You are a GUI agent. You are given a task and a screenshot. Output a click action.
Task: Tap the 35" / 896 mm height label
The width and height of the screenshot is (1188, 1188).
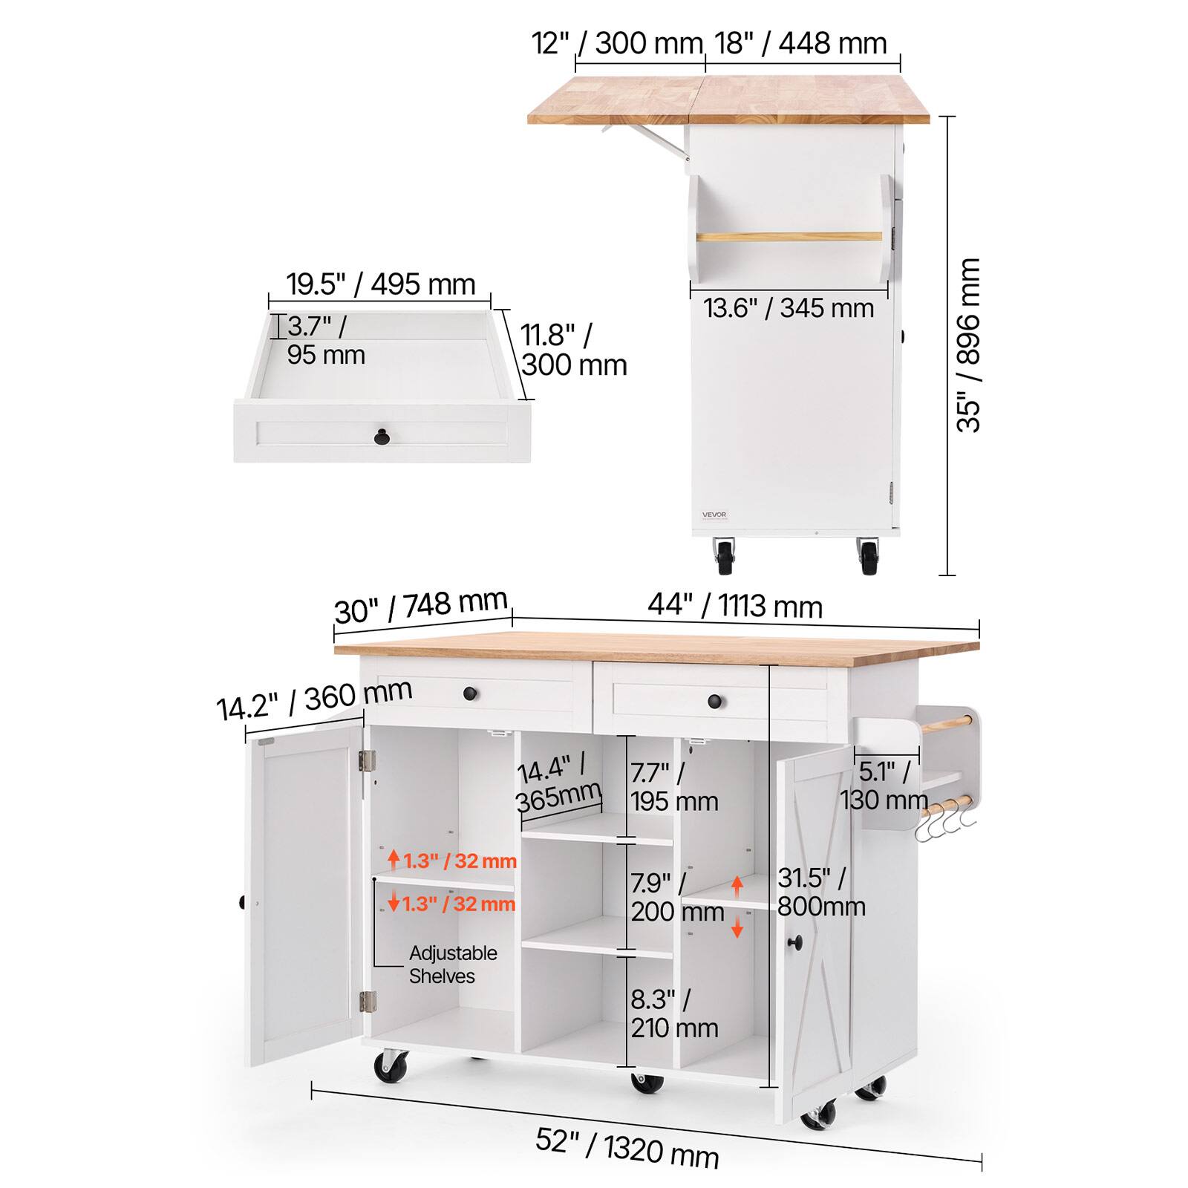pyautogui.click(x=968, y=345)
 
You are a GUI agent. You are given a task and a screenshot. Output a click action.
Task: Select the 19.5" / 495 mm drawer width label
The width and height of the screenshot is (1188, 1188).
pyautogui.click(x=381, y=284)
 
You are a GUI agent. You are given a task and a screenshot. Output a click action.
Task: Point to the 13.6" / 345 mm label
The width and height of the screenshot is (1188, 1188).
pyautogui.click(x=789, y=307)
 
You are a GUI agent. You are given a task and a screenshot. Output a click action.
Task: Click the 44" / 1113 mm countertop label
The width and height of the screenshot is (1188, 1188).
pyautogui.click(x=735, y=606)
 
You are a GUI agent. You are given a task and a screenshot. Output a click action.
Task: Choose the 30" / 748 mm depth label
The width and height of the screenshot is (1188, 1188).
pyautogui.click(x=421, y=607)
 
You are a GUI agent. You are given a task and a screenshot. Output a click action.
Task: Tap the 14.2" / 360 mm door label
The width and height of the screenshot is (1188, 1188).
pyautogui.click(x=314, y=699)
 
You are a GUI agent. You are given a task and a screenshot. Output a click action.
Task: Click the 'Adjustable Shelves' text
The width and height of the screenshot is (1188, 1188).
pyautogui.click(x=453, y=965)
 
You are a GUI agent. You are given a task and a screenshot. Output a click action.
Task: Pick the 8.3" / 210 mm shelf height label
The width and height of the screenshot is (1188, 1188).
pyautogui.click(x=674, y=1014)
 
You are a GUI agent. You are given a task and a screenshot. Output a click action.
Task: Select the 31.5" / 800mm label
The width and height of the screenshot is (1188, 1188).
pyautogui.click(x=821, y=892)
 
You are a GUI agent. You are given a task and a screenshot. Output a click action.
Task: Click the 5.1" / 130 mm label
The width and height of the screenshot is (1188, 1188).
pyautogui.click(x=884, y=786)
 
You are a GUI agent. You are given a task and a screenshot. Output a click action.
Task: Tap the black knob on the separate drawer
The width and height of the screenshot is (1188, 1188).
pyautogui.click(x=382, y=437)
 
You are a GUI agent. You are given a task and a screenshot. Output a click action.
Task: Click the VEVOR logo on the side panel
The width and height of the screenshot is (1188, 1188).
pyautogui.click(x=714, y=515)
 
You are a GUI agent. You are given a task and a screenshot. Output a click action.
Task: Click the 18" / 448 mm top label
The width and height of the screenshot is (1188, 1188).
pyautogui.click(x=801, y=43)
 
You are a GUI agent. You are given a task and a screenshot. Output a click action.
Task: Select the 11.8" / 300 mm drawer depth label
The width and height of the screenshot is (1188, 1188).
pyautogui.click(x=574, y=350)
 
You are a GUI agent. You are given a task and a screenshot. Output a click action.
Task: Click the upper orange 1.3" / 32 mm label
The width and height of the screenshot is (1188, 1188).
pyautogui.click(x=452, y=861)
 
